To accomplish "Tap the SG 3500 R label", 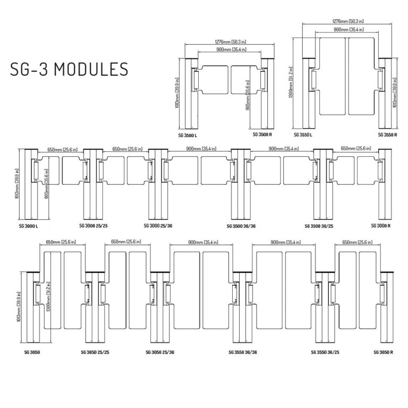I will pyautogui.click(x=262, y=135).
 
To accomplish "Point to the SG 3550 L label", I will pyautogui.click(x=303, y=135).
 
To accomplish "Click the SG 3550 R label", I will pyautogui.click(x=388, y=135).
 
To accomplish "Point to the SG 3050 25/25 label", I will pyautogui.click(x=96, y=352).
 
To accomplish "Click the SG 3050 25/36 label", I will pyautogui.click(x=160, y=352).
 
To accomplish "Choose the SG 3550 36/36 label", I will pyautogui.click(x=242, y=352).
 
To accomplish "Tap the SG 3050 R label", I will pyautogui.click(x=383, y=352).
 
